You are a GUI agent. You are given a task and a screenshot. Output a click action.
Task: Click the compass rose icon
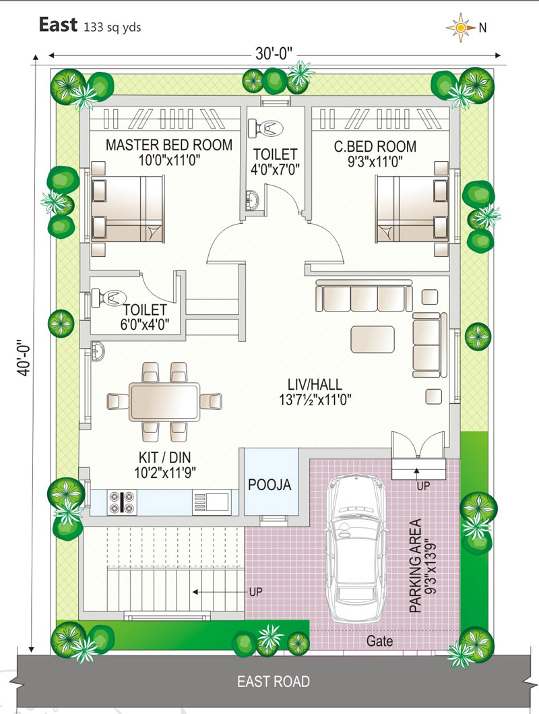460,28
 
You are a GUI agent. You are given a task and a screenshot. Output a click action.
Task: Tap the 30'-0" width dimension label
274,54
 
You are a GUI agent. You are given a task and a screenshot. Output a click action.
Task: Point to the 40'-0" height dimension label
24,358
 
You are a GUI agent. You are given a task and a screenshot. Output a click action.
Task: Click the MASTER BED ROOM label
168,145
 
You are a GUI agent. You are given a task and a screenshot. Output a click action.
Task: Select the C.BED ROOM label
375,146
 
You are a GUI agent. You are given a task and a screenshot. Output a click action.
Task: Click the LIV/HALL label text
315,384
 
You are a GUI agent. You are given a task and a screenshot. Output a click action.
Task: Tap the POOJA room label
269,485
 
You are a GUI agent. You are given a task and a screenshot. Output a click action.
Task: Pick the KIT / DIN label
164,457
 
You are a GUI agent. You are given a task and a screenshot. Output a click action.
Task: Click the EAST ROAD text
274,682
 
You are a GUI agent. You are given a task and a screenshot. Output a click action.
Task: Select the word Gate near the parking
379,641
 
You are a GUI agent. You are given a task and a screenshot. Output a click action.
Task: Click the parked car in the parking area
358,548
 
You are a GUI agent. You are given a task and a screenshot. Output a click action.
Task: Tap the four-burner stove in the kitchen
122,502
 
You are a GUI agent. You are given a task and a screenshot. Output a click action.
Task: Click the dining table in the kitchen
164,402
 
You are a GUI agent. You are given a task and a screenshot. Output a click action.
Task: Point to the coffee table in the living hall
373,339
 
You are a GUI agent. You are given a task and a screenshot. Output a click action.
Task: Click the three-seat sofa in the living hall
364,296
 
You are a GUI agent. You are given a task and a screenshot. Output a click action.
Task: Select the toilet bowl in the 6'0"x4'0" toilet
109,298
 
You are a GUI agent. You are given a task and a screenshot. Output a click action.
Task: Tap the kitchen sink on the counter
212,502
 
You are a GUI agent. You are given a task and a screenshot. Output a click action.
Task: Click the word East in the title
58,24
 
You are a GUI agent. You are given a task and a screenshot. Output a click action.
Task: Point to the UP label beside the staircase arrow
255,592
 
